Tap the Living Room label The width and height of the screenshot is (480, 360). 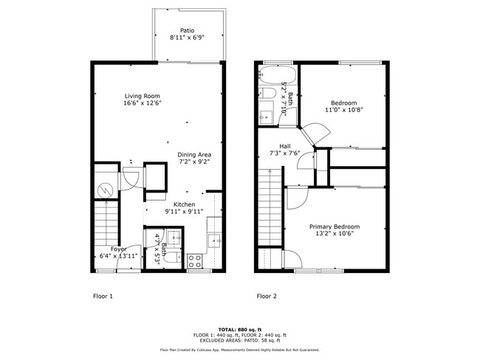point(142,97)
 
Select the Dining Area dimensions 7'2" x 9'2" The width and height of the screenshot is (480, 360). point(194,162)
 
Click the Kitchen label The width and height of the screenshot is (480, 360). point(184,204)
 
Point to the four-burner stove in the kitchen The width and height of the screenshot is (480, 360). point(196,260)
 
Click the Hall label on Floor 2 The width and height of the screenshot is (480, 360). point(285,145)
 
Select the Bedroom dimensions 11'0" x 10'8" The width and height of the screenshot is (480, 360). point(343,111)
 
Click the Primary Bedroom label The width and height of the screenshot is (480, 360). point(335,226)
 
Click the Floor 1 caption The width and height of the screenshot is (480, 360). point(103,297)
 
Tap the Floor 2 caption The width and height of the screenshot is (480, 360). point(266,297)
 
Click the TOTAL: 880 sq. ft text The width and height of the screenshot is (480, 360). point(240,329)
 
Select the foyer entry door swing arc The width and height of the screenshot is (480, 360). point(134,255)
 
